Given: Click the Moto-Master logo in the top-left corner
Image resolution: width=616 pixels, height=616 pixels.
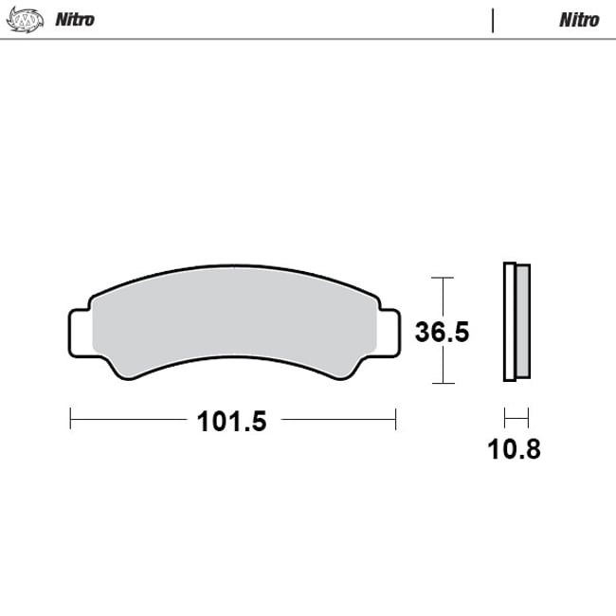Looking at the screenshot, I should tap(26, 19).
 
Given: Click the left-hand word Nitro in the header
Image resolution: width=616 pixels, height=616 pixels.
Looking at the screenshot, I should tap(75, 20).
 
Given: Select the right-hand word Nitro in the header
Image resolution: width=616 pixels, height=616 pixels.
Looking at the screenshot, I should tap(579, 20).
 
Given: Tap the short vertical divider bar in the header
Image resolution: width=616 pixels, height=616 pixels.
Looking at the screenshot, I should tap(493, 20).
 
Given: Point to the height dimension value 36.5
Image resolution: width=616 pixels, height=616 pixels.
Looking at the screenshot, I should tap(444, 333).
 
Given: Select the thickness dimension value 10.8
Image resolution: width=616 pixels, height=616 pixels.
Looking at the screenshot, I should tap(514, 448).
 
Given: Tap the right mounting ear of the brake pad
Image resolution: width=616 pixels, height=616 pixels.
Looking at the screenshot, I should tap(388, 331).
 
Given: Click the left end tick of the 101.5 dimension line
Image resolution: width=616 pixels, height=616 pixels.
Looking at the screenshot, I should tap(71, 416).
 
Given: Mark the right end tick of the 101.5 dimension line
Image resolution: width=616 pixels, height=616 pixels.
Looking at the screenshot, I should tap(395, 416).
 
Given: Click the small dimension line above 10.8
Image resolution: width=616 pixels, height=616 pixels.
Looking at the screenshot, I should tap(516, 416).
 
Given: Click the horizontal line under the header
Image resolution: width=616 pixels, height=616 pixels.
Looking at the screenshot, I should tap(308, 39).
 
